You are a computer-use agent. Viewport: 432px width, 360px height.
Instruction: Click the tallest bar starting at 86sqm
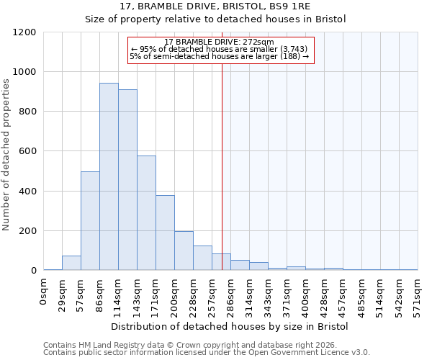click(109, 176)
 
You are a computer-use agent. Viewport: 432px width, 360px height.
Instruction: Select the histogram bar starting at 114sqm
click(127, 180)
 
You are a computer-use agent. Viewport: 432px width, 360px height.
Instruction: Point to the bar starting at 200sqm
click(184, 251)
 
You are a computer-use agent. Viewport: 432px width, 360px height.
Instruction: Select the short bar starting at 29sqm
click(71, 263)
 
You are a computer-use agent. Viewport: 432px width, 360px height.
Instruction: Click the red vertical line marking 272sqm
click(222, 158)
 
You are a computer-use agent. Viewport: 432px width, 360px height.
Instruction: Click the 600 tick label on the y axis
click(26, 151)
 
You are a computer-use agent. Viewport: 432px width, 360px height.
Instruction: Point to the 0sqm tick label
click(44, 292)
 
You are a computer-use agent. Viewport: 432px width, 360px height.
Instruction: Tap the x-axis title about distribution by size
click(230, 326)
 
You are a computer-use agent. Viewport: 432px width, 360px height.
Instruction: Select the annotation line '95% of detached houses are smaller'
click(220, 49)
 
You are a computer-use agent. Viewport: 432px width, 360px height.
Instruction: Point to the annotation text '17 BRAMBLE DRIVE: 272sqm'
click(220, 42)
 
